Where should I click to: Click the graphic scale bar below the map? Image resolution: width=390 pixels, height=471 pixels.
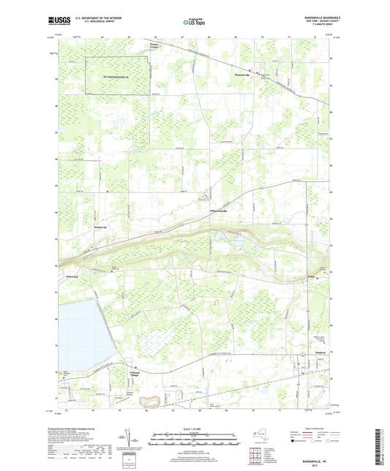[195, 434]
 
